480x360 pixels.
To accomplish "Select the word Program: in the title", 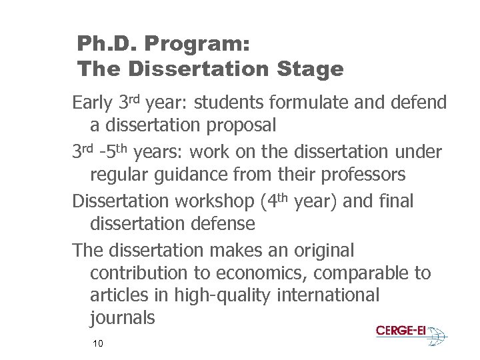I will click(193, 45).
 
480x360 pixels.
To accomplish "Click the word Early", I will click(93, 103).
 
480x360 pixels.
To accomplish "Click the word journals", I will click(122, 318).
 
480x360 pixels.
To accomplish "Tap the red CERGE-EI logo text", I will click(401, 331).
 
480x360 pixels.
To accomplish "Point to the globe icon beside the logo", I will click(437, 337).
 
